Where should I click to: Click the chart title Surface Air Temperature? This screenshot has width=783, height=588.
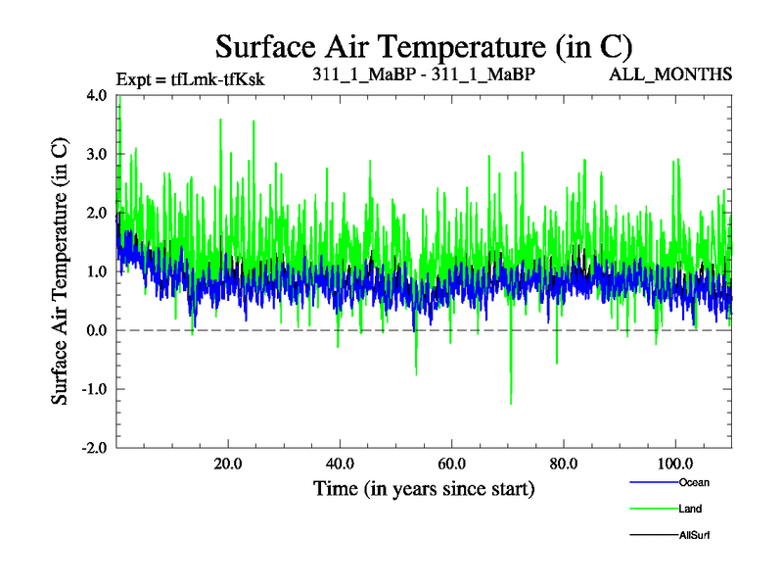(x=424, y=46)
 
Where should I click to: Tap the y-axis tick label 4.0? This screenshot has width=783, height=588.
(x=98, y=95)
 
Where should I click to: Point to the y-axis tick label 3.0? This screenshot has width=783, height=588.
(x=98, y=154)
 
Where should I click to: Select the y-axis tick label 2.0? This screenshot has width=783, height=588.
(x=98, y=213)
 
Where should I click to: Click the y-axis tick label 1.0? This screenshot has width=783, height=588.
(x=98, y=271)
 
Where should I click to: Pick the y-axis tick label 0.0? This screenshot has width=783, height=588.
(x=98, y=330)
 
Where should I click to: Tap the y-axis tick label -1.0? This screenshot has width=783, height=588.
(x=96, y=389)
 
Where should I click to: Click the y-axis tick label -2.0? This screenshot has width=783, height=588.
(x=96, y=448)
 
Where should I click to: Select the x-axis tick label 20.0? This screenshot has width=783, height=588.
(x=228, y=464)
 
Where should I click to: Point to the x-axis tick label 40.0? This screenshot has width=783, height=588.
(x=340, y=464)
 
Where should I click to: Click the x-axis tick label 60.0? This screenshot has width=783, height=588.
(x=451, y=464)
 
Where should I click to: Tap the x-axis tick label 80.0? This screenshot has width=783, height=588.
(x=563, y=464)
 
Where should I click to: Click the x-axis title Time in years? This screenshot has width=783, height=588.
(x=424, y=488)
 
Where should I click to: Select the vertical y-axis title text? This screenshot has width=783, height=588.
(x=61, y=271)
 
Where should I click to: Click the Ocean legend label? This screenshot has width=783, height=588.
(x=693, y=482)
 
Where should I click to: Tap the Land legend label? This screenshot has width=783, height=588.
(x=690, y=509)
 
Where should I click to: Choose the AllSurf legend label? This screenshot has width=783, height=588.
(x=694, y=535)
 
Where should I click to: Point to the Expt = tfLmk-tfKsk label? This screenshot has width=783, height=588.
(x=190, y=77)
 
